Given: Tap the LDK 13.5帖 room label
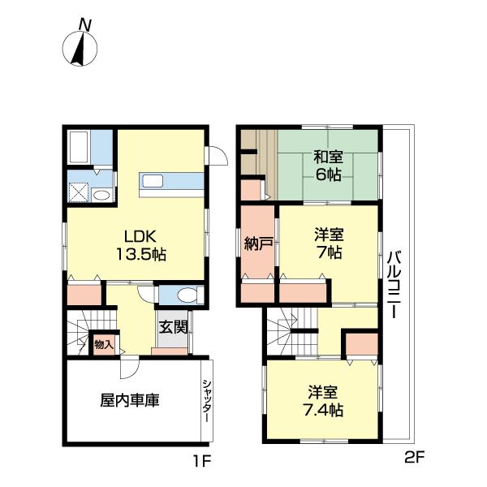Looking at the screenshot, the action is point(140,245).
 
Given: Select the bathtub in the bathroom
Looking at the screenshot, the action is point(79,147).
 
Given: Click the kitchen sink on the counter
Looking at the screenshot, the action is point(153,181).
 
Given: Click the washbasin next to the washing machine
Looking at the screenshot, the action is point(101,196).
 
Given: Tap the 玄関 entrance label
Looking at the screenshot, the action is point(174,327).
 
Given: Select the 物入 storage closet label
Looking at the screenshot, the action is point(104,344).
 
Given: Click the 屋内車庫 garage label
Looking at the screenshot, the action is point(130,400).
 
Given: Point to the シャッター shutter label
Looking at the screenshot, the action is point(207,401).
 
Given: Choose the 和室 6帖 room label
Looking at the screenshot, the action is point(328,166).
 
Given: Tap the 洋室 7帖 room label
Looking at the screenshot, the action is point(329,243).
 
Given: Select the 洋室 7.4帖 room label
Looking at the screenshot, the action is point(323,401).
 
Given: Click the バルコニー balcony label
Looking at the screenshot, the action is point(394,285).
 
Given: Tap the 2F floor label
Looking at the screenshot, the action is point(415,457).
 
